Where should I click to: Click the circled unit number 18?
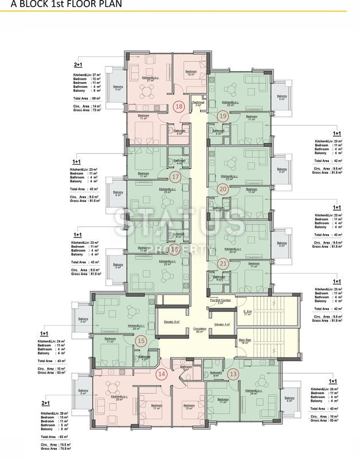click(x=179, y=107)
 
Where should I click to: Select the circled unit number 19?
click(x=224, y=116)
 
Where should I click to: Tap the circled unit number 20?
click(x=223, y=188)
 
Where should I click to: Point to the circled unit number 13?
click(x=232, y=375)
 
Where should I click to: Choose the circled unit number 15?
click(x=142, y=340)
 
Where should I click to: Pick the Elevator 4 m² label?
click(x=222, y=325)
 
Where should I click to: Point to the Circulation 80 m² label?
click(x=199, y=330)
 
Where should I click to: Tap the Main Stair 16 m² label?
click(x=246, y=341)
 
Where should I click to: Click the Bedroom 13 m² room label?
click(x=189, y=407)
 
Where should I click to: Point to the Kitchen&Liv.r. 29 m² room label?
click(x=118, y=397)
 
